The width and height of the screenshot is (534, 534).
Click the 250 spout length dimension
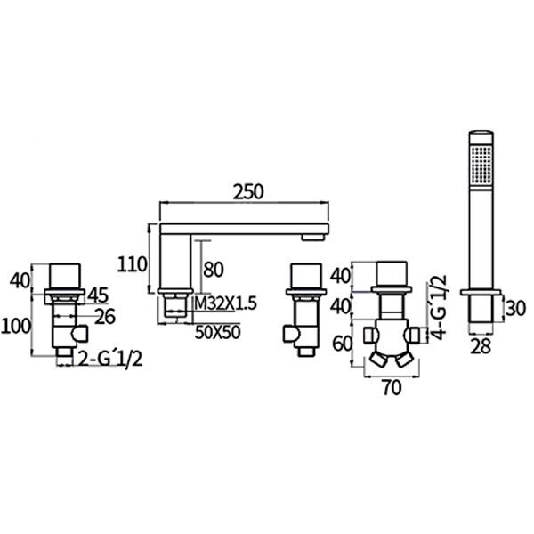click(248, 192)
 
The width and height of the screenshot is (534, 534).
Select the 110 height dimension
click(132, 264)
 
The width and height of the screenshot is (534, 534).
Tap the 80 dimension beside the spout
click(214, 270)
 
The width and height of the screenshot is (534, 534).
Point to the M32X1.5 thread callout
click(225, 303)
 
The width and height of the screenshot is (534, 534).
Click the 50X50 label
click(218, 332)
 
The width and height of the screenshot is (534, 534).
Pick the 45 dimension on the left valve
click(98, 295)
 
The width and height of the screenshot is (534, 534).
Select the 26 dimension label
click(105, 316)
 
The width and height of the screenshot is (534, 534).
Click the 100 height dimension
click(16, 327)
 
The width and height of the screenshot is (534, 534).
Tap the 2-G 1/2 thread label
click(110, 359)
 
